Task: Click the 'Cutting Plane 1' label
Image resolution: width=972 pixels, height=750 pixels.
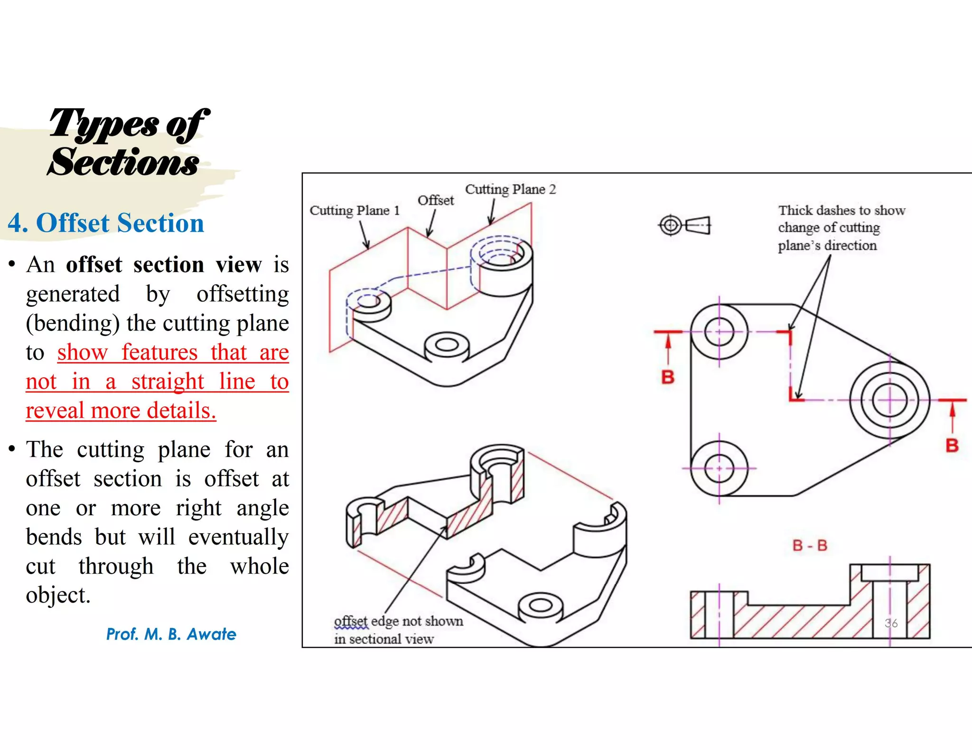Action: pyautogui.click(x=355, y=210)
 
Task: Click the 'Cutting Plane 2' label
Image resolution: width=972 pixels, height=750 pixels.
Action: pyautogui.click(x=510, y=190)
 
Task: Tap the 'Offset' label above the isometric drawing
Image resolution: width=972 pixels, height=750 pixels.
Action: pyautogui.click(x=435, y=201)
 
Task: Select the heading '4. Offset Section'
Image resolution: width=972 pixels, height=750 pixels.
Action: pyautogui.click(x=106, y=223)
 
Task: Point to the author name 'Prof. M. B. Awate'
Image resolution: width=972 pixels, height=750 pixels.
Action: pyautogui.click(x=171, y=634)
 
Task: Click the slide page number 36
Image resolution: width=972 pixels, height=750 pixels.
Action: pyautogui.click(x=891, y=623)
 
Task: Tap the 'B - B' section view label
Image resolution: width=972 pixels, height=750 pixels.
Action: pyautogui.click(x=810, y=546)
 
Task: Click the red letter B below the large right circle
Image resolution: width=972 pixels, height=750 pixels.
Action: pyautogui.click(x=952, y=446)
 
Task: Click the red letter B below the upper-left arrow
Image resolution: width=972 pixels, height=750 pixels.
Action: pyautogui.click(x=668, y=377)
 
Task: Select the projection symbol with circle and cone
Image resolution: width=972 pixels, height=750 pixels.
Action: pyautogui.click(x=684, y=225)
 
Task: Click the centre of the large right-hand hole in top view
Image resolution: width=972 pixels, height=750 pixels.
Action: pyautogui.click(x=889, y=401)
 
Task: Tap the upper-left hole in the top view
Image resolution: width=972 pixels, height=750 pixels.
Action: pyautogui.click(x=719, y=332)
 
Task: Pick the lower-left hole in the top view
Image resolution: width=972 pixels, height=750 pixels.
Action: pyautogui.click(x=719, y=468)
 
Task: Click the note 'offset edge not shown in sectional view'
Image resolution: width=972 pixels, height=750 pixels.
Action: pyautogui.click(x=398, y=630)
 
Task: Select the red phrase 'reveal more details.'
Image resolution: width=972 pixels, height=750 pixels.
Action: pyautogui.click(x=121, y=411)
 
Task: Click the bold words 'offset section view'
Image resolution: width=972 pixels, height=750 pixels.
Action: pyautogui.click(x=163, y=265)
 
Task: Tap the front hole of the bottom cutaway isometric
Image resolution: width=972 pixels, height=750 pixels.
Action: pyautogui.click(x=540, y=605)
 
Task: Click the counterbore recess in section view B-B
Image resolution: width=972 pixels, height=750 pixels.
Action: pyautogui.click(x=889, y=573)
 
